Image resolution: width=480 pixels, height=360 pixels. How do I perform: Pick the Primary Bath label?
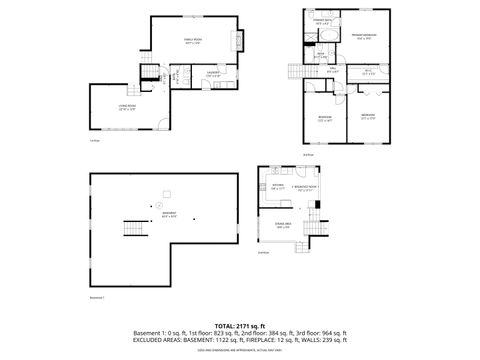tap(322, 21)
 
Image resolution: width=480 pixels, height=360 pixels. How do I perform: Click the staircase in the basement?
tap(130, 229)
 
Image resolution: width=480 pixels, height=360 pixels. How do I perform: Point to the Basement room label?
tap(170, 214)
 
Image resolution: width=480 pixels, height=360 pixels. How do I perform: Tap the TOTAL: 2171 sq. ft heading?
tap(239, 325)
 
